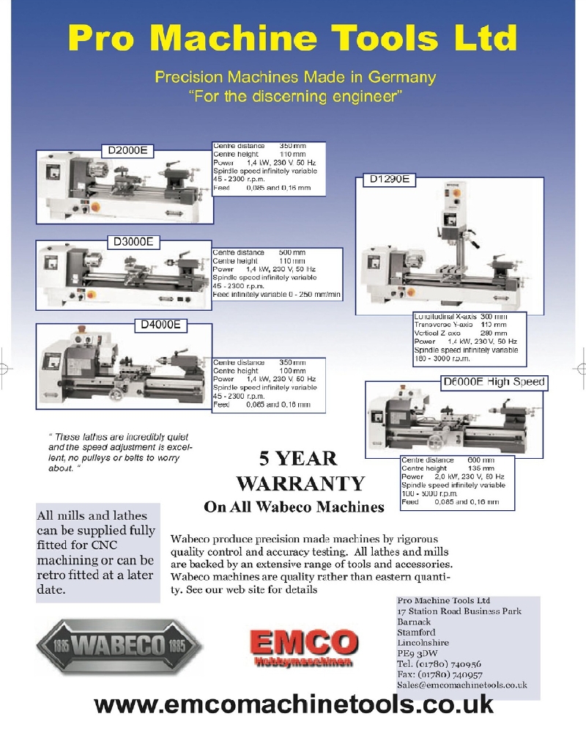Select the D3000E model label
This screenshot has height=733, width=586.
click(133, 241)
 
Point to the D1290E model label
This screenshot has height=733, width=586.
click(390, 178)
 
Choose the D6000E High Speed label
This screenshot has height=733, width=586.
click(494, 382)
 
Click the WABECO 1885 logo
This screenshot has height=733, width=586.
click(118, 647)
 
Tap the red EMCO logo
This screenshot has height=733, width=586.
click(303, 644)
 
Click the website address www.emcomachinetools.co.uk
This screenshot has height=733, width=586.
click(294, 704)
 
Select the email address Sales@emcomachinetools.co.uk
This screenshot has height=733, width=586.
click(461, 685)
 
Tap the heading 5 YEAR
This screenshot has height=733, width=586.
click(298, 459)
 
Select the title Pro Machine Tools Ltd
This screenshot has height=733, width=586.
click(292, 37)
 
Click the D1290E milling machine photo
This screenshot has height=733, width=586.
click(448, 246)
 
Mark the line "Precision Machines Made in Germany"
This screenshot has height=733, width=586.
click(295, 77)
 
